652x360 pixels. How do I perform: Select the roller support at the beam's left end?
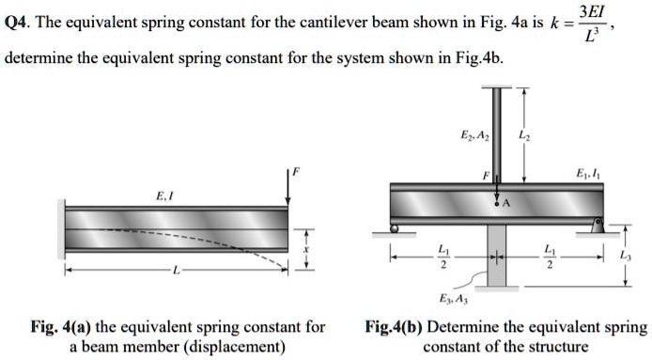(396, 227)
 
